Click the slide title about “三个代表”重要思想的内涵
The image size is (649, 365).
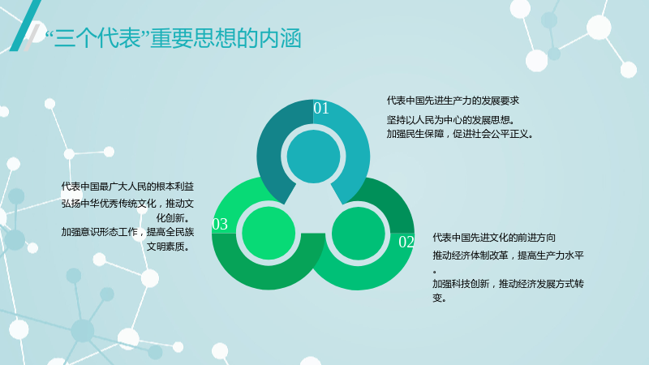pos(173,39)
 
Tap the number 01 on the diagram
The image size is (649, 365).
pos(321,108)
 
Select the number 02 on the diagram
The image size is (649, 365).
pos(406,242)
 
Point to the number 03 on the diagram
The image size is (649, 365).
pos(220,225)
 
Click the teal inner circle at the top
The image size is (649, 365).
pos(313,157)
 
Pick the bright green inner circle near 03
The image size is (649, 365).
pos(269,234)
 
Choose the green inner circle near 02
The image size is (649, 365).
pos(359,234)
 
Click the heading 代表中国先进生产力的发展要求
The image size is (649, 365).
pos(453,101)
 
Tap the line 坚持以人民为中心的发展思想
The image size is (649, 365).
pos(451,120)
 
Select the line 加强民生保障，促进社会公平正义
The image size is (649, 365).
pos(460,134)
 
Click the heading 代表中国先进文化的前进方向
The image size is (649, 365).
pos(494,238)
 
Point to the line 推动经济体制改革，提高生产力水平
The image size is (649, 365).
pos(509,255)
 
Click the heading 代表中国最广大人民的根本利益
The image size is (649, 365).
pos(127,187)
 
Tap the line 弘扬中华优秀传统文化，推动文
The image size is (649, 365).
pos(127,204)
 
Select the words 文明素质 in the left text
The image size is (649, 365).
pos(165,247)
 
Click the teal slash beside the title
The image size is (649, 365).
pos(25,25)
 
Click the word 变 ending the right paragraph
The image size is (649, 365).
pos(437,298)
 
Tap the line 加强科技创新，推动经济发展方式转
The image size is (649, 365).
pos(509,284)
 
